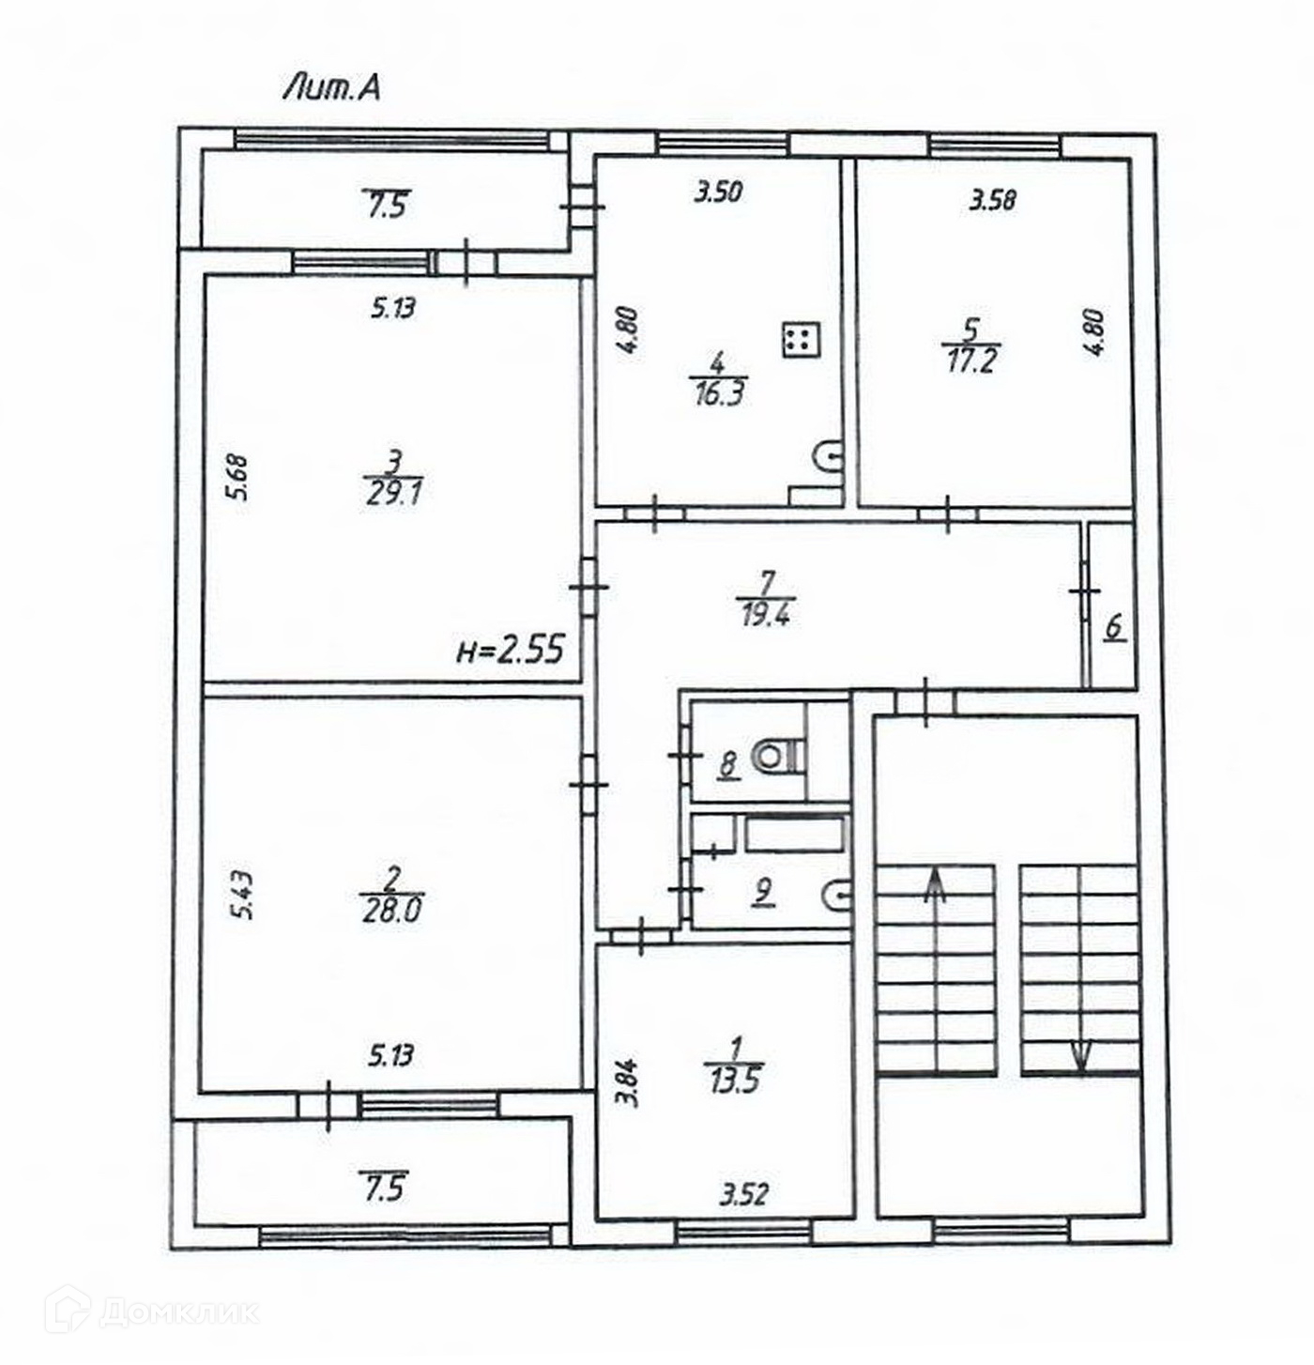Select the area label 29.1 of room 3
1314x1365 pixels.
point(393,493)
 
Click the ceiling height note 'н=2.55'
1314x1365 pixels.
point(511,649)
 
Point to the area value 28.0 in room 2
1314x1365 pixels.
point(391,910)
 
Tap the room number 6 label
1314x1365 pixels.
point(1114,626)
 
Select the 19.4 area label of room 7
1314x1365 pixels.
point(766,615)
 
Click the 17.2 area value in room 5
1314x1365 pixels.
point(970,360)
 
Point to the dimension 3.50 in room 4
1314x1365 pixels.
point(718,192)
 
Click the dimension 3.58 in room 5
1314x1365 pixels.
point(993,199)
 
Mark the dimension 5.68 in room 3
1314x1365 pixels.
point(239,477)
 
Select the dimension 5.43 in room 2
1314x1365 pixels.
point(242,896)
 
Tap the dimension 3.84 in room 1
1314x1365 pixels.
point(631,1082)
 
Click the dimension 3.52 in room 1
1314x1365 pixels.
point(744,1194)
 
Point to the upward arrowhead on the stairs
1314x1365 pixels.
point(935,882)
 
